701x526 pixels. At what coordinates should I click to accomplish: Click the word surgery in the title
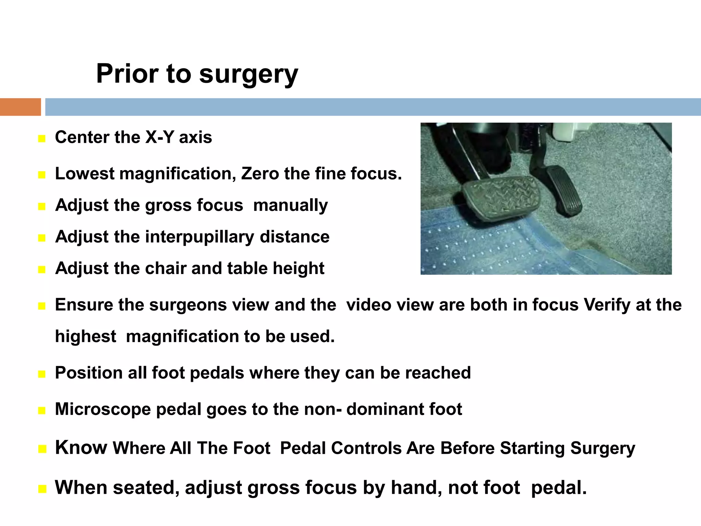(248, 74)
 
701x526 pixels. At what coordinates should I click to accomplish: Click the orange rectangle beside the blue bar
(20, 107)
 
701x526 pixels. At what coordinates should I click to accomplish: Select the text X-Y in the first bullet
(160, 137)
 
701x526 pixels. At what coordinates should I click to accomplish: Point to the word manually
(290, 205)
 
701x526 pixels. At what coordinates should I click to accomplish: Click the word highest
(86, 336)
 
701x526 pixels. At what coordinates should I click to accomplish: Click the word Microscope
(103, 409)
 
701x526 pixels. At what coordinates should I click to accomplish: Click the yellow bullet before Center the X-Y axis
(42, 139)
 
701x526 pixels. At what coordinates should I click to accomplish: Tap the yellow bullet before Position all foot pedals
(42, 374)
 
